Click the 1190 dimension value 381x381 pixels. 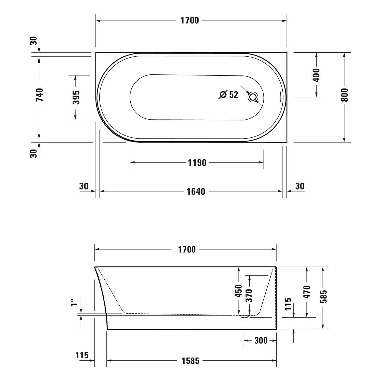coord(197,163)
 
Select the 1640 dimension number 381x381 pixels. coord(196,191)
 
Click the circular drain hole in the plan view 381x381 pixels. coord(253,97)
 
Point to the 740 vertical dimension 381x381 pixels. coord(39,94)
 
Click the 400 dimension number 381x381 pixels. coord(316,75)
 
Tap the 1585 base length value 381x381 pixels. coord(190,360)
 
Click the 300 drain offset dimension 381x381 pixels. coord(261,340)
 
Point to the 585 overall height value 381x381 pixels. coord(323,296)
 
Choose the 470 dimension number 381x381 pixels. coord(307,292)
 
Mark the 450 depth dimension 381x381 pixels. coord(239,291)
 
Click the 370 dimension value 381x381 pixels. coord(249,295)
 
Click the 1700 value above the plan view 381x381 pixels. coord(189,20)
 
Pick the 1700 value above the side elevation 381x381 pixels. coord(187,249)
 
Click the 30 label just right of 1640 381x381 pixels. coord(300,186)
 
